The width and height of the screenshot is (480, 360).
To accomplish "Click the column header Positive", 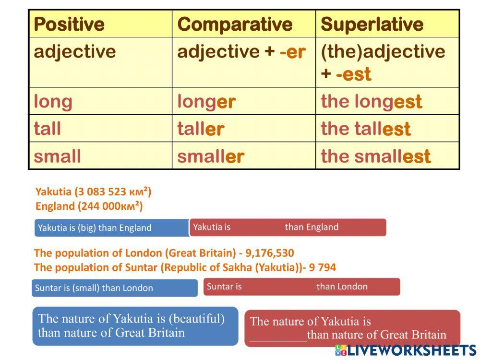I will click(69, 24).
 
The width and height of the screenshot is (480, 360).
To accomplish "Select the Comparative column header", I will click(235, 24).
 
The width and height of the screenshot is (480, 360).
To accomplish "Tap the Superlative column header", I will click(372, 24).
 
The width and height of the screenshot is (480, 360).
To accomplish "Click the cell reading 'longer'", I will click(206, 101).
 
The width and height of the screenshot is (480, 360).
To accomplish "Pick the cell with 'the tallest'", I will click(366, 129).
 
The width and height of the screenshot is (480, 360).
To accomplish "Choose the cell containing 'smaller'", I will click(211, 156).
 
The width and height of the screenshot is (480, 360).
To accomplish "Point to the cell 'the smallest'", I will click(376, 156).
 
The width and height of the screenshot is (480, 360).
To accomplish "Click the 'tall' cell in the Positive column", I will click(48, 129).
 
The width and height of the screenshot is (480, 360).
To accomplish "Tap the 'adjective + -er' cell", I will click(241, 52).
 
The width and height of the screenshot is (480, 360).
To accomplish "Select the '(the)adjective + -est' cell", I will click(383, 62).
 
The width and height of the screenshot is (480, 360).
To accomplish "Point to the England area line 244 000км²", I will click(89, 206).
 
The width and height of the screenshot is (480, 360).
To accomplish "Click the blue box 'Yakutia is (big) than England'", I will click(111, 228).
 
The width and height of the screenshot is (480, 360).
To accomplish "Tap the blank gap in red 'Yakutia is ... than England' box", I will click(257, 227).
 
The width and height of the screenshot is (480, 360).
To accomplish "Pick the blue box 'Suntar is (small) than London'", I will click(114, 288).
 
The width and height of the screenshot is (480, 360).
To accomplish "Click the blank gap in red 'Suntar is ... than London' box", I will click(278, 287).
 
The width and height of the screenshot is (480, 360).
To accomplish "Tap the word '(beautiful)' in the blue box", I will click(197, 318).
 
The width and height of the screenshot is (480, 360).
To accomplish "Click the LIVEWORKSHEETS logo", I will click(406, 350).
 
